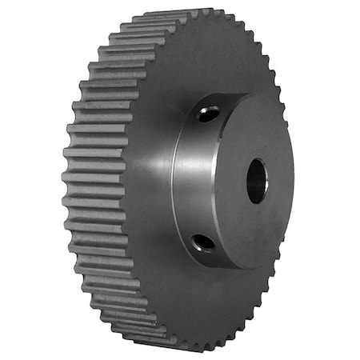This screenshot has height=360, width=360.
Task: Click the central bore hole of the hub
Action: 256,180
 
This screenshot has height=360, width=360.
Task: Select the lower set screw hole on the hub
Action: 204,241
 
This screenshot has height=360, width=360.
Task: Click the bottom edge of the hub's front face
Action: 240,266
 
